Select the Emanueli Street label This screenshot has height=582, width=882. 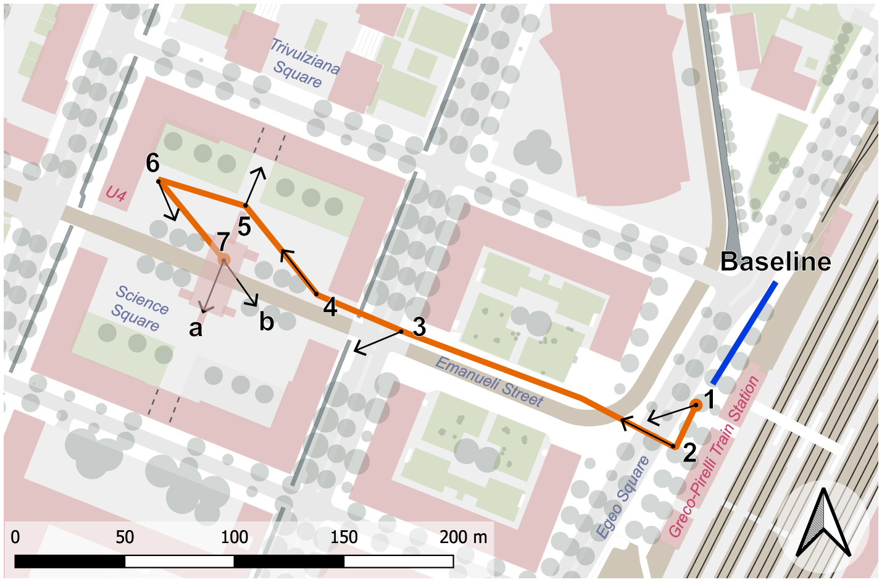pos(489,381)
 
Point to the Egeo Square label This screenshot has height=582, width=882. pos(622,496)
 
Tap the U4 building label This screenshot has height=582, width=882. pos(115,194)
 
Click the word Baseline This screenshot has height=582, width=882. pos(775,262)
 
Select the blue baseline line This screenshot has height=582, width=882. pos(744,334)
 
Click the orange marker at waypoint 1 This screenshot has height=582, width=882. pos(696,405)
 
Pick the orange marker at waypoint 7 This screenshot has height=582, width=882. pos(223,260)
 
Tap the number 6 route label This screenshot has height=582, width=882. pos(152,163)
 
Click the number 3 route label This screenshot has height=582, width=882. pos(419,327)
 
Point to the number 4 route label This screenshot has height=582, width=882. pos(330,307)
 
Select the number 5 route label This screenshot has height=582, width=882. pos(244,227)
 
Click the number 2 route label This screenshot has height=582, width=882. pos(689,453)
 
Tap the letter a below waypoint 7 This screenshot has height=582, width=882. pos(196,329)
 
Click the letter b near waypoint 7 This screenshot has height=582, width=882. pos(266,321)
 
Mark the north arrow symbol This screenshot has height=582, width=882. pos(823,524)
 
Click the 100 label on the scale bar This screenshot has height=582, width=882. pos(234,537)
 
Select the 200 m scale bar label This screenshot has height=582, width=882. pos(463,537)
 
